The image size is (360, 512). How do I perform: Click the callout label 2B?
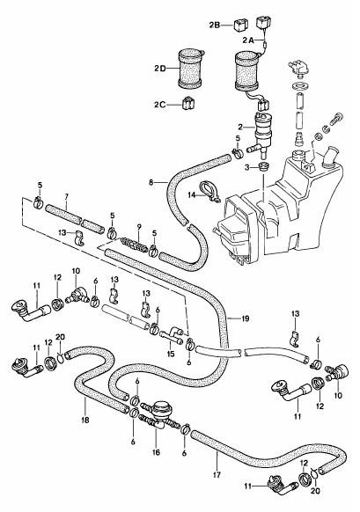215,25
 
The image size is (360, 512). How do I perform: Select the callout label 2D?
160,69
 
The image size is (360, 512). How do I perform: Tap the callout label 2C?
160,105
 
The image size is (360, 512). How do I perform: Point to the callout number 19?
245,318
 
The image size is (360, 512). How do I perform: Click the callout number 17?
217,474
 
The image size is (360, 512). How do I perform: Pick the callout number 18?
84,421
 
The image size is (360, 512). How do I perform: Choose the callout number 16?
156,452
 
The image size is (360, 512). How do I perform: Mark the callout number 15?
171,354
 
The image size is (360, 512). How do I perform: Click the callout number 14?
192,195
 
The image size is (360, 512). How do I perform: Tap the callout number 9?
138,226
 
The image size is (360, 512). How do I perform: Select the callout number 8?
151,183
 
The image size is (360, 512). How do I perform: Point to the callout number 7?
66,197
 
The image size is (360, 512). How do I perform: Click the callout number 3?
247,167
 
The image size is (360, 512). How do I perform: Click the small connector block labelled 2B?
241,25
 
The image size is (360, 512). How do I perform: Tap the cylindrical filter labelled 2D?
190,69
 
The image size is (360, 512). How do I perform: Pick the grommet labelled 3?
263,165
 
